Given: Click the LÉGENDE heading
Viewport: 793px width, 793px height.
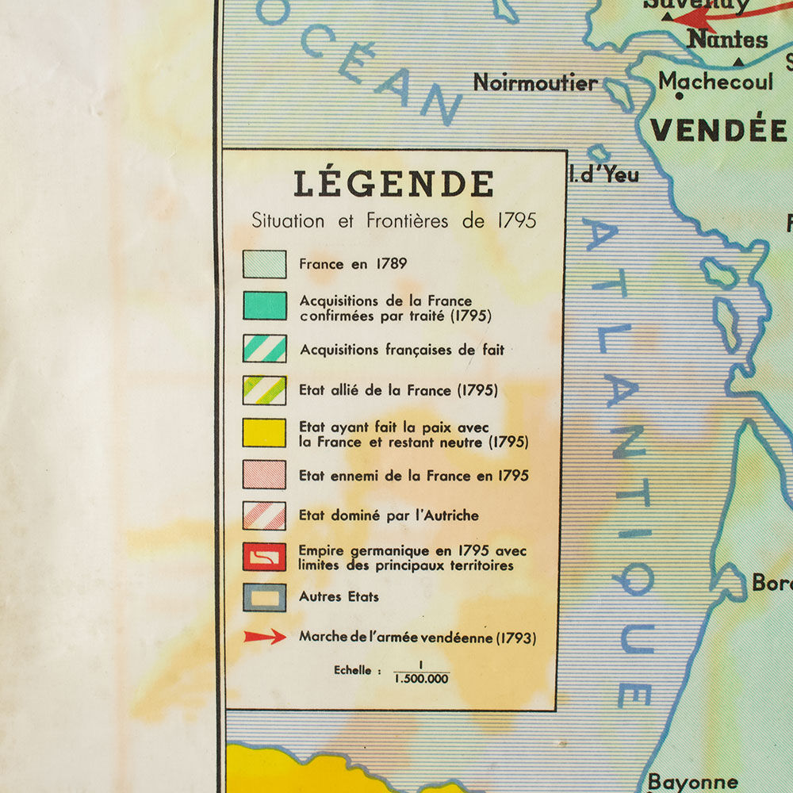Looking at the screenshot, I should point(393,184).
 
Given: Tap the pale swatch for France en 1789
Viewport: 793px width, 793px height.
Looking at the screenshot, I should point(264,264).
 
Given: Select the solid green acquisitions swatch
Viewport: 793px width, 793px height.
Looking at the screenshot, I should point(264,305).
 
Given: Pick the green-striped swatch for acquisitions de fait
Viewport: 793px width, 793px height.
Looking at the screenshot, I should point(264,349).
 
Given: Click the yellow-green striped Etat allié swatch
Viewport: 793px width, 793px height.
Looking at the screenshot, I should point(264,390).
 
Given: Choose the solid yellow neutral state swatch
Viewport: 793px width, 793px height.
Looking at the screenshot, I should point(264,433).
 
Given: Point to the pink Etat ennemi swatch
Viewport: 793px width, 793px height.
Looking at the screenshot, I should point(264,475).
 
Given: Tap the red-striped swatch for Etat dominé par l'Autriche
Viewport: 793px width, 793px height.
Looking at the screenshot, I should point(264,515).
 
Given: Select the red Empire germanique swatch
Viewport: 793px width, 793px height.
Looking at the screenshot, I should point(264,557).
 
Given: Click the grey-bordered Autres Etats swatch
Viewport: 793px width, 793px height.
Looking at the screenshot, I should point(264,597).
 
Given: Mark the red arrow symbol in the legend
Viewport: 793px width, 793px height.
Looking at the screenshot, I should point(265,637).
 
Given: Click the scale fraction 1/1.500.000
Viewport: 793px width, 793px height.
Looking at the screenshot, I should point(421,672).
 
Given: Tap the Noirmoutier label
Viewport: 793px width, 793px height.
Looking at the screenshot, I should point(535,82).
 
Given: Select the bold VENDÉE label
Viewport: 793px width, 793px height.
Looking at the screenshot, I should point(718,130).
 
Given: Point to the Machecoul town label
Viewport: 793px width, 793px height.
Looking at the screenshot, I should point(715,81).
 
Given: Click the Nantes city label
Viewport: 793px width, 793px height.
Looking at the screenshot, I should point(726,39).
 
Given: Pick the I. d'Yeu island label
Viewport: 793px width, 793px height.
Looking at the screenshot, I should point(604,174).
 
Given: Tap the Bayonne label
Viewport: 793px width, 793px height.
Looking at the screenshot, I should point(692,782).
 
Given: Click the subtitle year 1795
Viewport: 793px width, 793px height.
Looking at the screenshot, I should point(516,220).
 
